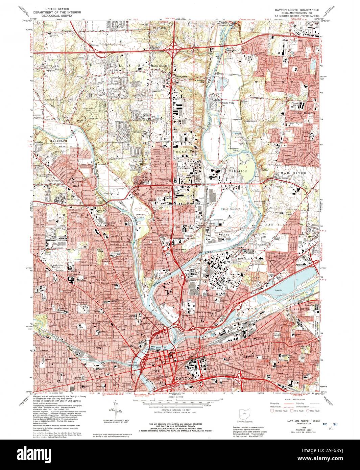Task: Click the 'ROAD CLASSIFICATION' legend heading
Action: click(295, 399)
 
